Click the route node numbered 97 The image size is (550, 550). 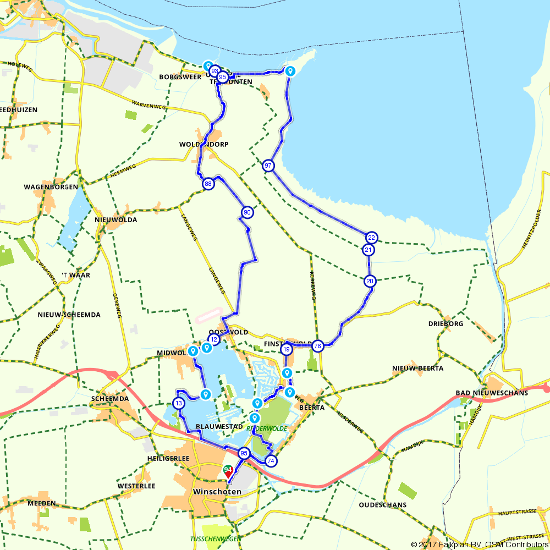[x=268, y=166]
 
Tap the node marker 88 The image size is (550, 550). [x=208, y=184]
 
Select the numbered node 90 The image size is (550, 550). [x=247, y=212]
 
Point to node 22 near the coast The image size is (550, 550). [x=371, y=238]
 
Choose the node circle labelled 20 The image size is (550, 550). [x=370, y=280]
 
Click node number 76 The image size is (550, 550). [x=317, y=346]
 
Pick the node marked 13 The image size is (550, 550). [x=178, y=403]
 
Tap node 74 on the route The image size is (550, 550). [x=270, y=461]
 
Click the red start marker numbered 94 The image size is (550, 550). [x=228, y=471]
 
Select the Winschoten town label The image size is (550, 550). [x=217, y=491]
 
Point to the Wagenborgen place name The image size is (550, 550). [x=51, y=187]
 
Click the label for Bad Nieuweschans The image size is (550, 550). [x=492, y=393]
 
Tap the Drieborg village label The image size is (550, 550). [x=446, y=323]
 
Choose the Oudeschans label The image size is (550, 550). [x=382, y=504]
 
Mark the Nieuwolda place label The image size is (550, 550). [x=116, y=219]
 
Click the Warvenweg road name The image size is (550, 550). [x=149, y=103]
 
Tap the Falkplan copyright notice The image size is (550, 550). [x=480, y=544]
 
